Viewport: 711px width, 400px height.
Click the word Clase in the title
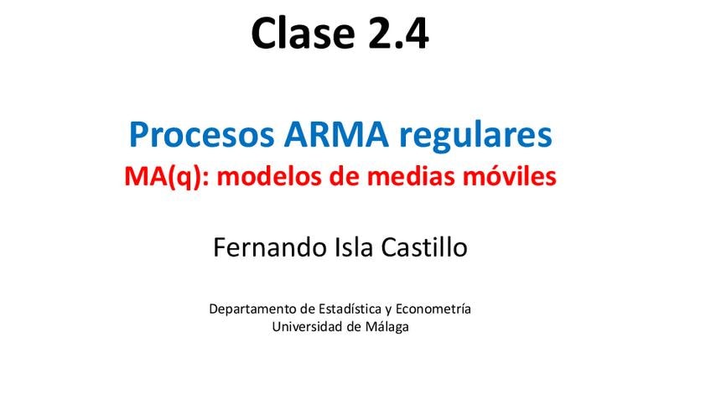click(x=303, y=33)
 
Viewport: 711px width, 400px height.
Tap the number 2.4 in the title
click(x=398, y=33)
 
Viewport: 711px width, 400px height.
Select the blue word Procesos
click(x=202, y=136)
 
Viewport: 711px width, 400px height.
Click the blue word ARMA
click(x=336, y=134)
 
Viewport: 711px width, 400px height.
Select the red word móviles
click(x=509, y=176)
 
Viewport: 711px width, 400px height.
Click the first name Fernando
click(x=270, y=247)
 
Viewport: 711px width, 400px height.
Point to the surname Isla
click(x=354, y=247)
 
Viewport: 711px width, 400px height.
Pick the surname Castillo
click(x=424, y=247)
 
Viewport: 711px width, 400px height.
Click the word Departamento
click(x=252, y=309)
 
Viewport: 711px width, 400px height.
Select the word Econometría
click(x=433, y=309)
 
